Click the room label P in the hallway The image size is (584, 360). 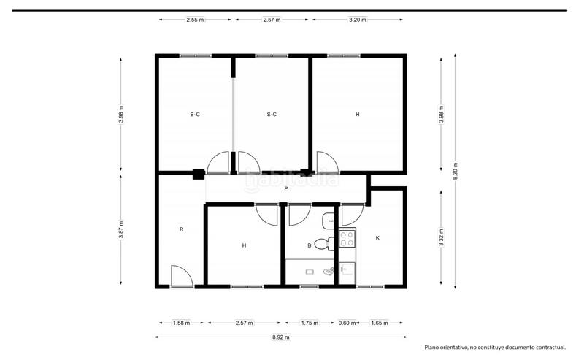(x=285, y=188)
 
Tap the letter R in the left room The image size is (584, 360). (x=181, y=229)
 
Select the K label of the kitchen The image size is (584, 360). (x=377, y=238)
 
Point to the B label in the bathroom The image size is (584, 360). (x=310, y=246)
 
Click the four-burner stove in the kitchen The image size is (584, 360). (x=345, y=240)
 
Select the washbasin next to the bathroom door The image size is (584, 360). (x=328, y=220)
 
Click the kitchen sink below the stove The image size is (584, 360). (x=345, y=271)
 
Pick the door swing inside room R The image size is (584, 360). (x=180, y=275)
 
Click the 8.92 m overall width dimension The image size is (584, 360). (x=281, y=337)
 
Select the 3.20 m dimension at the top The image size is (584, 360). (x=358, y=20)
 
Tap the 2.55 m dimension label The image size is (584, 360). (x=195, y=20)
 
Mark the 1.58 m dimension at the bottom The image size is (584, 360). (x=181, y=322)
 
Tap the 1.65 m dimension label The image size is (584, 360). (x=379, y=322)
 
